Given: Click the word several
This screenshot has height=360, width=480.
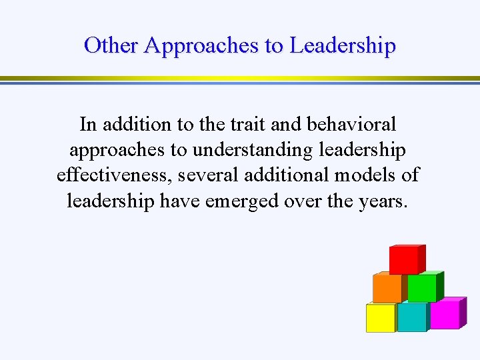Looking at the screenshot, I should pos(213,175).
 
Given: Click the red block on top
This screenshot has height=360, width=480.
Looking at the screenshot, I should pos(406,260).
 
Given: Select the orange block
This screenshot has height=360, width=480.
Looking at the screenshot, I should pos(387,287).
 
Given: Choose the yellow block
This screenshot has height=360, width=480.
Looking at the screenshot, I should pos(381,317).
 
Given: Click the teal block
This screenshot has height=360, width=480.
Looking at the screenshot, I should pos(413,317).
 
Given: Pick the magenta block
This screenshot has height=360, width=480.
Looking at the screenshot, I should pos(445,313).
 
